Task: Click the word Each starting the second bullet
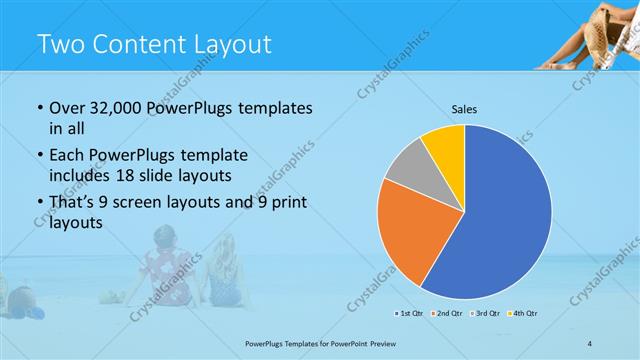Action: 67,155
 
